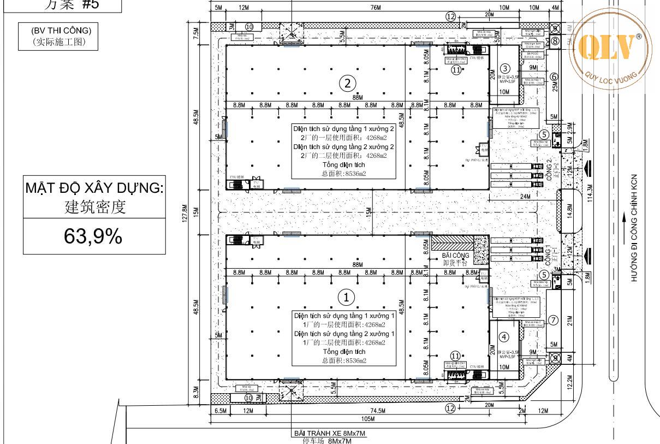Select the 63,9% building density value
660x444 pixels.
coord(93,236)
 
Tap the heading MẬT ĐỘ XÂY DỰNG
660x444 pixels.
coord(94,188)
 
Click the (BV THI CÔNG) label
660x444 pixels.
coord(61,30)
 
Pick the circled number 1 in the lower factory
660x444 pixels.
coord(346,297)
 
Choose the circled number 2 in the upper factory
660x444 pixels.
coord(348,83)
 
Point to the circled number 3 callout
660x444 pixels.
coord(506,68)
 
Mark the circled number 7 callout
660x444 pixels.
coord(554,320)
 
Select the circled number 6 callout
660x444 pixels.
coord(554,77)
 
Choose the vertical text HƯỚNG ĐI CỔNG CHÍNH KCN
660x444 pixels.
coord(635,228)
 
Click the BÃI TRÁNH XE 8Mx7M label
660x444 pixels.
coord(329,434)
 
